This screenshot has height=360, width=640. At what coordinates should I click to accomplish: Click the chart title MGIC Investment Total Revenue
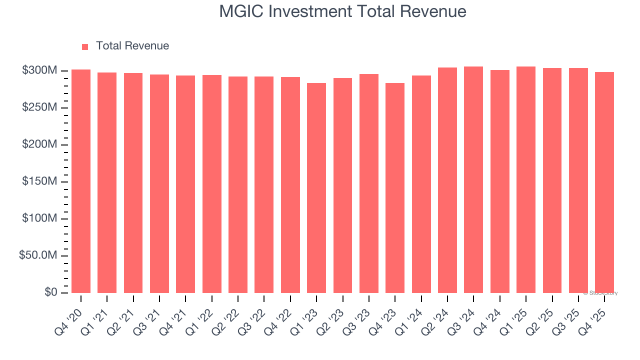342,11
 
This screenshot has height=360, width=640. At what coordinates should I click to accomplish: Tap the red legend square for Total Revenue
85,46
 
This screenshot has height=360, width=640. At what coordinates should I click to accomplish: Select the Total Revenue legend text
132,46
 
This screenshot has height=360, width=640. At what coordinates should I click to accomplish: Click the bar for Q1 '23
316,187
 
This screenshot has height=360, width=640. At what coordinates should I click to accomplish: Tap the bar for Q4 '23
395,187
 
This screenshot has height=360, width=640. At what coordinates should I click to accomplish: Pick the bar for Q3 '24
473,179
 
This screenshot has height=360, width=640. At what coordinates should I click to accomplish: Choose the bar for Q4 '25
604,182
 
